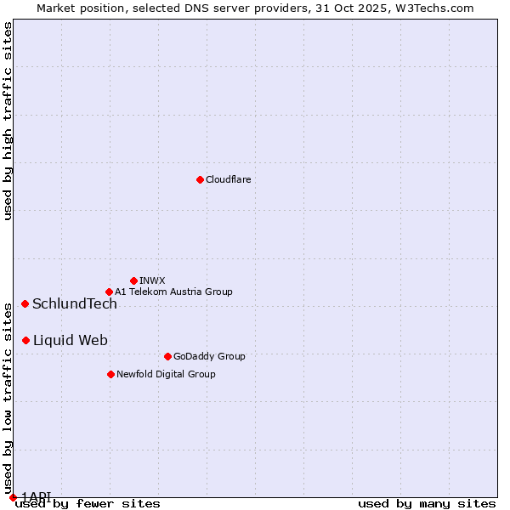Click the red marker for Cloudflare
(x=200, y=179)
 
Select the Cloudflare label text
(x=228, y=179)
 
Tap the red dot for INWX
(x=133, y=280)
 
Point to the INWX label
(x=152, y=280)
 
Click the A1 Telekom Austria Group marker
(x=109, y=292)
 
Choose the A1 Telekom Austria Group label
(x=173, y=292)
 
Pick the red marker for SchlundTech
(x=25, y=303)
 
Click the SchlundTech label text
(x=75, y=304)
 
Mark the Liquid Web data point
(x=25, y=340)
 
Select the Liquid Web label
(x=71, y=341)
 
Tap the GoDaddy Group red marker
(x=167, y=356)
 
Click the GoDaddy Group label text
(x=209, y=356)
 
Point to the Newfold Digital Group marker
(x=110, y=374)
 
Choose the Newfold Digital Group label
(x=166, y=374)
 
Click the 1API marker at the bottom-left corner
(x=13, y=497)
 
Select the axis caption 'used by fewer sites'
(x=88, y=503)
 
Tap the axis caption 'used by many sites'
(x=427, y=503)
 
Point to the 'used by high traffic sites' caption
(x=8, y=121)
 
